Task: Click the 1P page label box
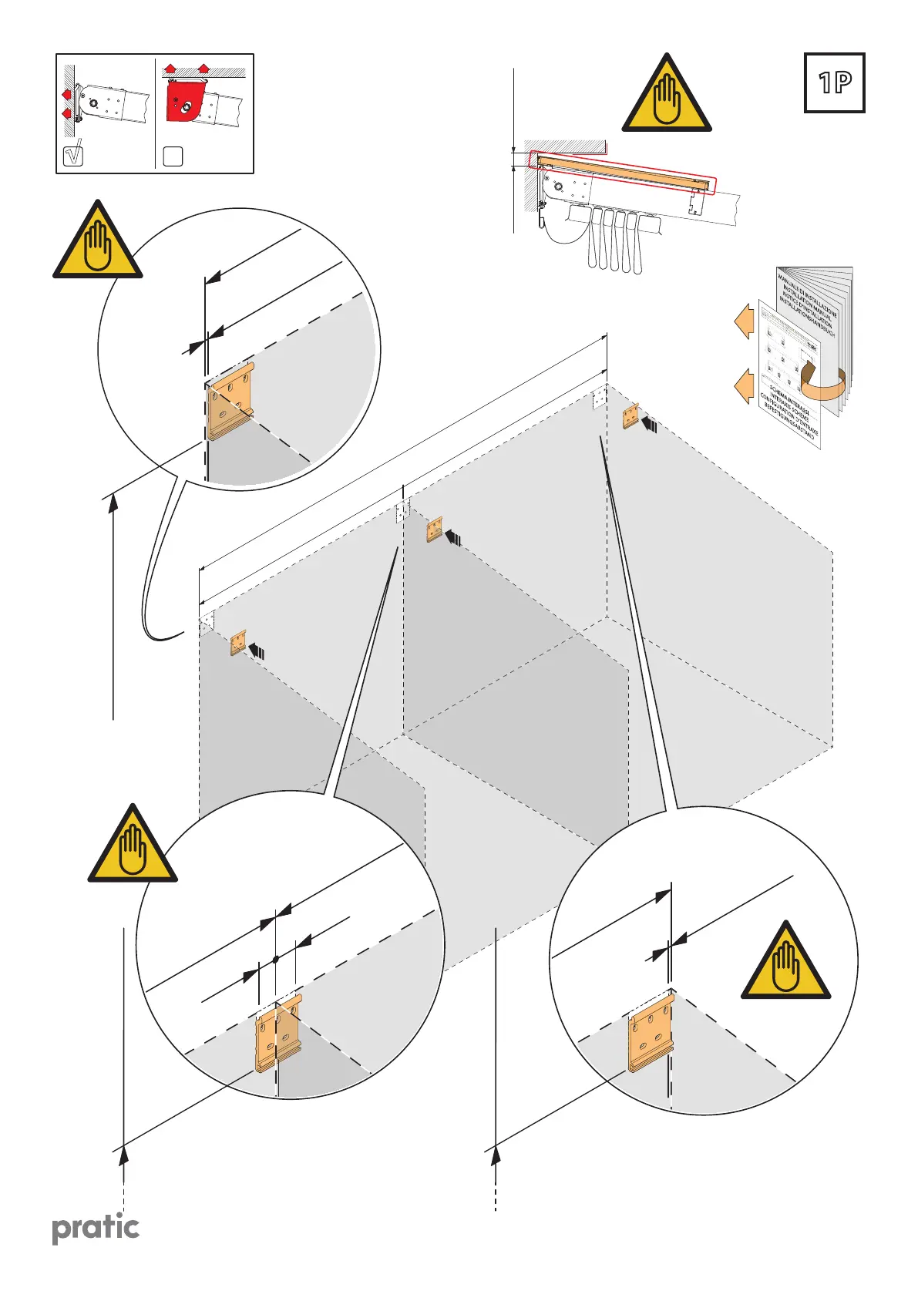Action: (834, 83)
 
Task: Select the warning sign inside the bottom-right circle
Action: (785, 963)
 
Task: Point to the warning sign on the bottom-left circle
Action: (133, 847)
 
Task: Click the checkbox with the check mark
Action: (72, 155)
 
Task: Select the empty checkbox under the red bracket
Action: (173, 156)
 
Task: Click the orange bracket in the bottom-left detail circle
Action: (278, 1033)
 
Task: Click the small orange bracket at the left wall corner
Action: (238, 642)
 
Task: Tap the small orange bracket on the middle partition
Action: (435, 530)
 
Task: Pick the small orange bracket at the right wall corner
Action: (630, 415)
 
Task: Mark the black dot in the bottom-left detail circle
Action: (275, 960)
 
